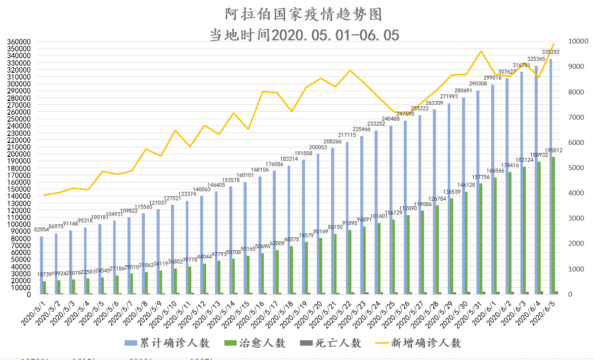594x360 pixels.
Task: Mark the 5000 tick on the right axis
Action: coord(575,168)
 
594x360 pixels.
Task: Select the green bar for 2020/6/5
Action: coord(554,225)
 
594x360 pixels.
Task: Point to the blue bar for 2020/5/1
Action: coord(42,265)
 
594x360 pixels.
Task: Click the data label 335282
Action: coord(551,52)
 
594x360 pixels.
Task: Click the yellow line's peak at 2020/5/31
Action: coord(481,51)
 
